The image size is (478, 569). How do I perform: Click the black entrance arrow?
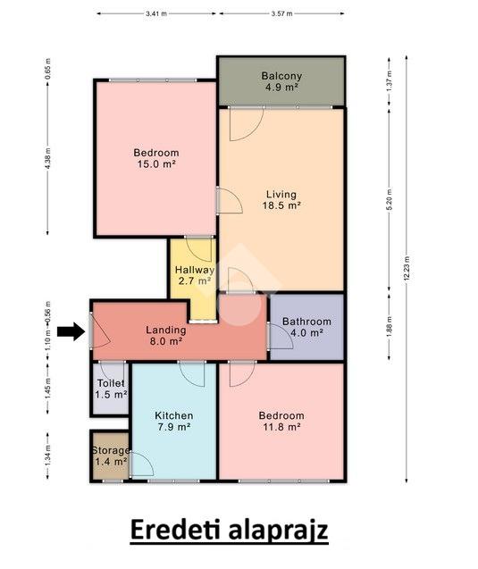click(x=71, y=331)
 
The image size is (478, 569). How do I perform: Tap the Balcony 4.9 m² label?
click(x=281, y=81)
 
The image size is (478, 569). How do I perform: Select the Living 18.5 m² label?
click(x=281, y=200)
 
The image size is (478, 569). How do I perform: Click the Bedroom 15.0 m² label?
click(x=156, y=158)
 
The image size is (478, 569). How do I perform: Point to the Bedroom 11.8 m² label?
click(x=281, y=421)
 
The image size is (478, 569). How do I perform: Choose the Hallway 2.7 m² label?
click(x=195, y=275)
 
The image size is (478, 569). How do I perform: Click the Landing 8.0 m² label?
click(x=166, y=336)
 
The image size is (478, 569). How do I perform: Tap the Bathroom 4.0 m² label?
click(x=306, y=327)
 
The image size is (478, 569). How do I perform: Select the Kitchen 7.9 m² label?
click(x=174, y=421)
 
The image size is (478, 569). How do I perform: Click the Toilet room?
click(x=111, y=389)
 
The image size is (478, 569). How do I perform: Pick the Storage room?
click(x=111, y=456)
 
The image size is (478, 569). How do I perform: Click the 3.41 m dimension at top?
click(x=156, y=13)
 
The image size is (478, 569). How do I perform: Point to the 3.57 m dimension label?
click(x=281, y=13)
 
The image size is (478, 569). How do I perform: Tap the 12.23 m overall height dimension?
click(x=407, y=269)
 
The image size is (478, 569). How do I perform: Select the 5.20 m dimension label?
click(x=390, y=199)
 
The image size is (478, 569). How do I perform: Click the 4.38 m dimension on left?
click(x=48, y=158)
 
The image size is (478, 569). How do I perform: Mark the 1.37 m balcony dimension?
click(x=390, y=81)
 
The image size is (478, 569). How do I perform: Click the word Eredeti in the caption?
click(x=175, y=531)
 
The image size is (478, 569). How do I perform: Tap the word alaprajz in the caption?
click(x=279, y=531)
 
